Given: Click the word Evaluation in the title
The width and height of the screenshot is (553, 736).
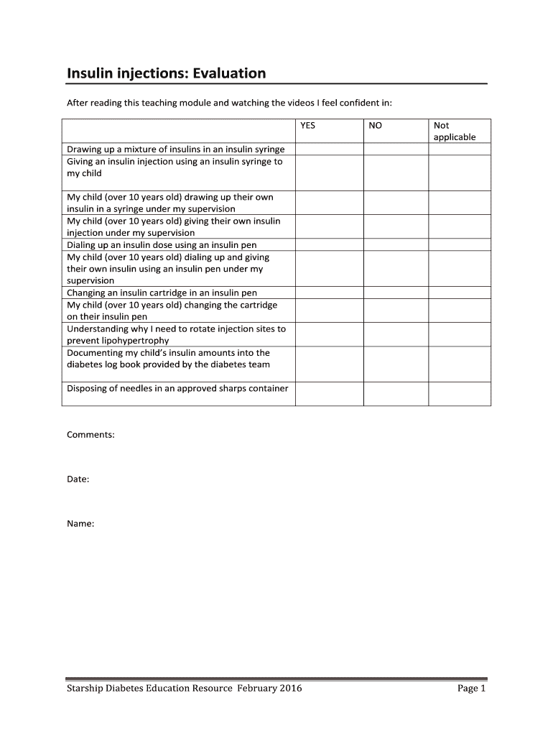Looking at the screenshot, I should coord(226,73).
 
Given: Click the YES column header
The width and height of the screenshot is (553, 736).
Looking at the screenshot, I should coord(307,125).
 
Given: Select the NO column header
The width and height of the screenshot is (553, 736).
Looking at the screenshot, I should coord(375,125).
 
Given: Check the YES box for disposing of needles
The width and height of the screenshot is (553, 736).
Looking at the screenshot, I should coord(329,394).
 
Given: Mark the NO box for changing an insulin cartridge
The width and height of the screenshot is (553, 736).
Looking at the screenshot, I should coord(396,293).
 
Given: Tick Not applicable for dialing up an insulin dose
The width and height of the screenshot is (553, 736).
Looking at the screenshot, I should coord(460,245).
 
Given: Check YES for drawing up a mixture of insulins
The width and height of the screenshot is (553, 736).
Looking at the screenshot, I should coord(329,149).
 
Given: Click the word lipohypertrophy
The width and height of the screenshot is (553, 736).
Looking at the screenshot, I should coord(118,341).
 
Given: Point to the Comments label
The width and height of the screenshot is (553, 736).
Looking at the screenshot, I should coord(90,435).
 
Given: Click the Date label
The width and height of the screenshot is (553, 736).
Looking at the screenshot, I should coord(78,479).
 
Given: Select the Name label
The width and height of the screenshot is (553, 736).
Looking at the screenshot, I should coord(80,524).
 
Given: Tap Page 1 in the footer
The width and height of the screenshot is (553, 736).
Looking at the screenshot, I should coord(471,689).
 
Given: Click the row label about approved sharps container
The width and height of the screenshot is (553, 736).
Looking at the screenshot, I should coord(177,389).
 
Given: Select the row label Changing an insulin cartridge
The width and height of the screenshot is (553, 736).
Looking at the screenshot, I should coord(162,293).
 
